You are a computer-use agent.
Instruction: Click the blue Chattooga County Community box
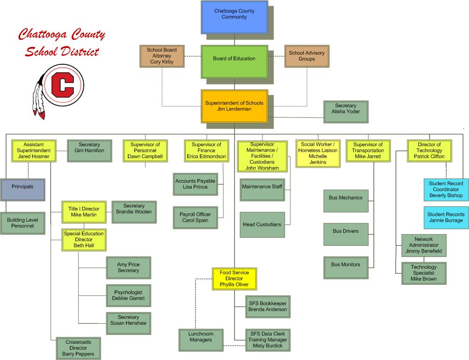point(234,17)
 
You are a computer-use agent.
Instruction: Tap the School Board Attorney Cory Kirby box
point(162,56)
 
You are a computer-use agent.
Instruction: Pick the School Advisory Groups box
point(307,56)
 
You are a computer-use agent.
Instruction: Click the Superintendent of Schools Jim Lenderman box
point(234,106)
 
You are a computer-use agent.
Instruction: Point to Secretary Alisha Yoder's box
point(346,112)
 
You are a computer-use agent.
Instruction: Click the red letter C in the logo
point(63,84)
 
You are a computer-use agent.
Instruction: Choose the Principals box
point(23,190)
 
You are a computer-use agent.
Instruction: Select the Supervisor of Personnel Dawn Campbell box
point(145,151)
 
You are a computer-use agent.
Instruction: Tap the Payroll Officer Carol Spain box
point(195,218)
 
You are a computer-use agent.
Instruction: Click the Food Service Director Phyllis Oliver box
point(234,279)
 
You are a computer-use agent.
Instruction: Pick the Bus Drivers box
point(346,235)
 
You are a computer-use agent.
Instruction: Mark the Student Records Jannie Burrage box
point(446,218)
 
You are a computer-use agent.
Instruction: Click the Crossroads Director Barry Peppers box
point(78,348)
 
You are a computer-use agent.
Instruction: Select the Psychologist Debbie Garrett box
point(129,296)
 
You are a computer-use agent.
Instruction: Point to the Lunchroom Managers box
point(201,340)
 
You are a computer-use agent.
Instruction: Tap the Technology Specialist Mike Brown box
point(424,273)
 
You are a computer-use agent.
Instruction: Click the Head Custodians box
point(262,225)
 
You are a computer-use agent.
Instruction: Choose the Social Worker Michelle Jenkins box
point(318,154)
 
